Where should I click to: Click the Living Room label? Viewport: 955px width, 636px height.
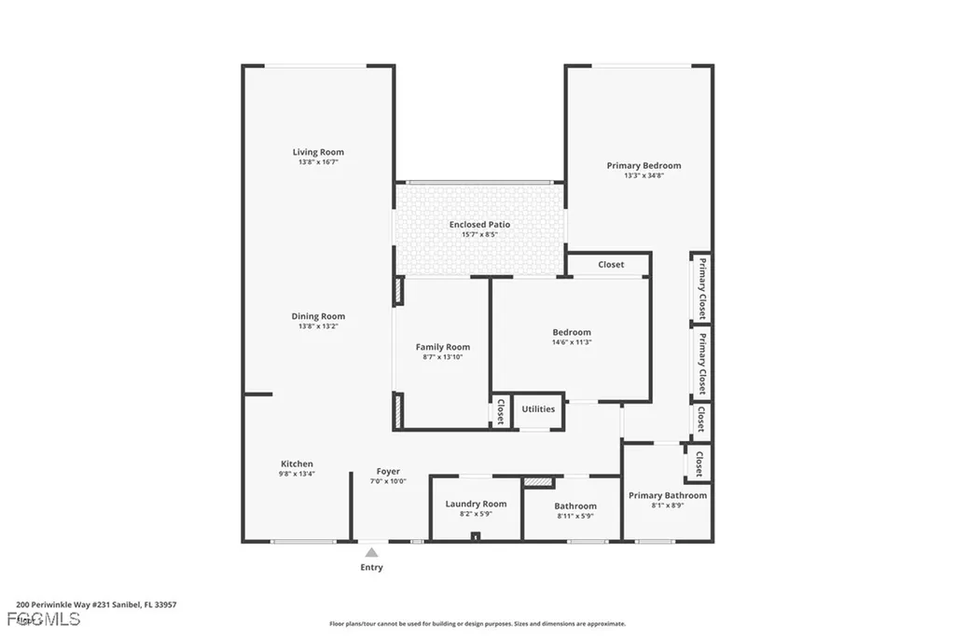click(318, 152)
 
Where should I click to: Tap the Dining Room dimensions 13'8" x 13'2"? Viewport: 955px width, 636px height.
click(318, 326)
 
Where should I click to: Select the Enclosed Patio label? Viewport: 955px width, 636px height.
click(479, 225)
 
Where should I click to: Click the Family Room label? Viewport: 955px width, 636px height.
click(442, 347)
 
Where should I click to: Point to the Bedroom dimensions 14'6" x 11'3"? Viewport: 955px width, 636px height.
click(571, 342)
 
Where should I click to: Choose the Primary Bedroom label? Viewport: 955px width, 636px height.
click(644, 166)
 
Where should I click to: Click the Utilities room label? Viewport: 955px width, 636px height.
click(538, 408)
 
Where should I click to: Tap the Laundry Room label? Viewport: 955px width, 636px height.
click(476, 504)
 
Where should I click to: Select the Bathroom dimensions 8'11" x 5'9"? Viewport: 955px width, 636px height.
click(574, 516)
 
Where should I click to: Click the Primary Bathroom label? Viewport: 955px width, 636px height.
click(668, 495)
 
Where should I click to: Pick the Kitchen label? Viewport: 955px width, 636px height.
click(297, 463)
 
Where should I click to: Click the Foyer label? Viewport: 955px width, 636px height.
click(388, 471)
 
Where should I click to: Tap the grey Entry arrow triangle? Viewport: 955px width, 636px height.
click(371, 553)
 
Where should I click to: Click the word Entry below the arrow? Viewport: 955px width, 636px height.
click(371, 567)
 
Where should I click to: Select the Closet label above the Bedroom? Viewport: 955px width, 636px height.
click(611, 265)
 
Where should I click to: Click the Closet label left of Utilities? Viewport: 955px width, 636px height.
click(501, 411)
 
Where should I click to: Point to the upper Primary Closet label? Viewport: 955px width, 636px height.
click(702, 287)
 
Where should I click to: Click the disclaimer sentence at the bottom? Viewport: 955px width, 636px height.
click(477, 624)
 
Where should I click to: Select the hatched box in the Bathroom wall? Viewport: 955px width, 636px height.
click(538, 482)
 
